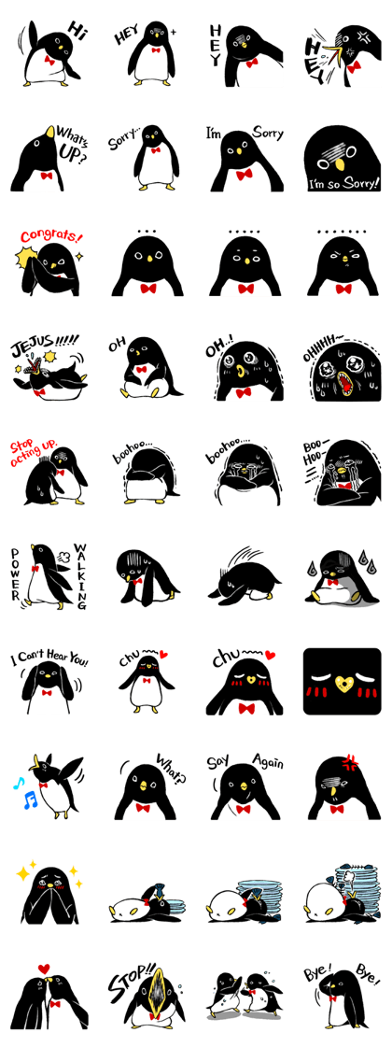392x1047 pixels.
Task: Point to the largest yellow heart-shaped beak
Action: [344, 686]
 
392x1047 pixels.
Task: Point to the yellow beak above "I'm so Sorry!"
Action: [341, 165]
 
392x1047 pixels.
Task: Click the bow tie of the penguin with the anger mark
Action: [337, 808]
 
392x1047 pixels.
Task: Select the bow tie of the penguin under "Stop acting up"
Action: [59, 473]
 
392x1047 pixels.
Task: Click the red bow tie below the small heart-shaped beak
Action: [246, 708]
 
